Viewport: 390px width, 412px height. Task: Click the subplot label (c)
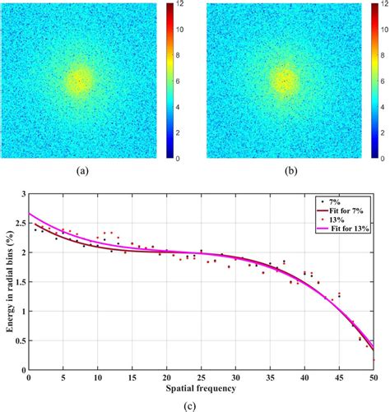point(201,405)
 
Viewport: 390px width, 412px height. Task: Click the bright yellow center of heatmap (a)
point(79,80)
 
